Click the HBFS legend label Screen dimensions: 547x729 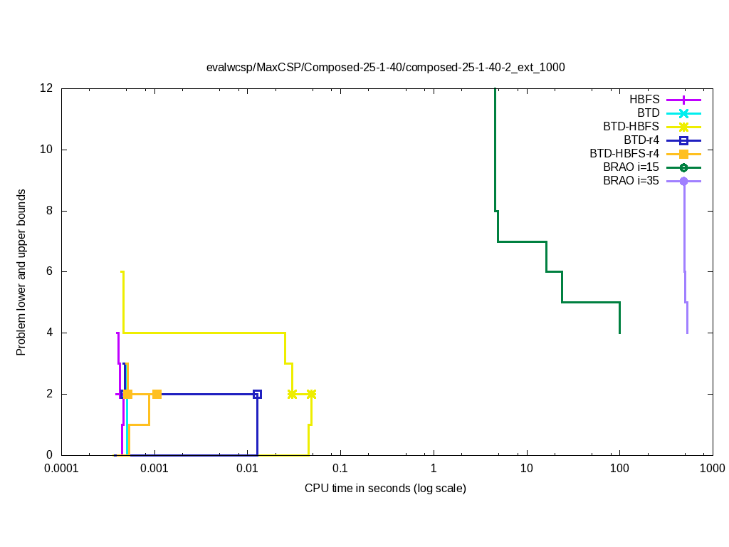[x=644, y=99]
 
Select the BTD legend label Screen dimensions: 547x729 [x=648, y=113]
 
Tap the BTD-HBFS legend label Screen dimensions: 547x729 [x=631, y=126]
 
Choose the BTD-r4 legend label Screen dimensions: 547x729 [x=641, y=140]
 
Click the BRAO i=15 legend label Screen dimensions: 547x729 [x=631, y=167]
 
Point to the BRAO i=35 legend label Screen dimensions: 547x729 [x=631, y=180]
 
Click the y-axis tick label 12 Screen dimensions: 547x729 [x=47, y=88]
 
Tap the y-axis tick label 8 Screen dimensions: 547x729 [x=50, y=211]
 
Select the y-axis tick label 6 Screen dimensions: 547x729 [x=50, y=272]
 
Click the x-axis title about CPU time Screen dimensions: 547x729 [x=385, y=489]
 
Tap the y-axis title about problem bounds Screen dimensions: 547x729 [x=22, y=272]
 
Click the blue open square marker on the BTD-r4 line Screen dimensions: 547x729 [x=257, y=394]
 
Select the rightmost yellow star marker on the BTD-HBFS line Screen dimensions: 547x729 [x=311, y=394]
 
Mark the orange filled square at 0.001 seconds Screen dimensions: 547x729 [x=157, y=394]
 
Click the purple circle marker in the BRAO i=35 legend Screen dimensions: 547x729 [x=683, y=181]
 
